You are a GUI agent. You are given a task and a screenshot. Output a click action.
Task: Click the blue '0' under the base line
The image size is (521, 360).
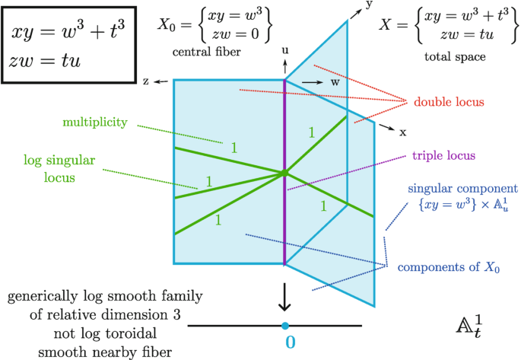(x=290, y=342)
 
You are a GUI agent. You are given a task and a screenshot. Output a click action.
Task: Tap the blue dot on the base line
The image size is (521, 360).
(x=284, y=326)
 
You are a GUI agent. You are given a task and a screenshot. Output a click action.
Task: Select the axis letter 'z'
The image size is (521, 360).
(x=145, y=79)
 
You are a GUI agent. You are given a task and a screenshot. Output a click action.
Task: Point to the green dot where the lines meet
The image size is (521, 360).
(x=284, y=174)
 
